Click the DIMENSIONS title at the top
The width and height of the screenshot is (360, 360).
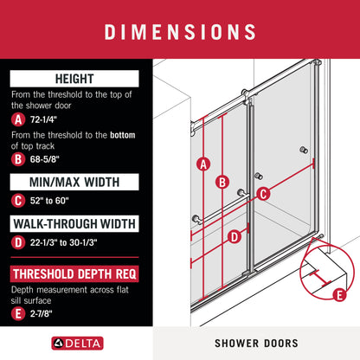180,31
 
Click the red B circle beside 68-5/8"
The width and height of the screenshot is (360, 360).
18,157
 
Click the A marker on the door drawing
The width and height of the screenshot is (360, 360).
204,163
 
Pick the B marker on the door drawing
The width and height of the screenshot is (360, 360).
222,182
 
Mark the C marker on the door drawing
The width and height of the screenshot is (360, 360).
264,194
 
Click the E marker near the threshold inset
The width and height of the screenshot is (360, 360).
339,295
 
